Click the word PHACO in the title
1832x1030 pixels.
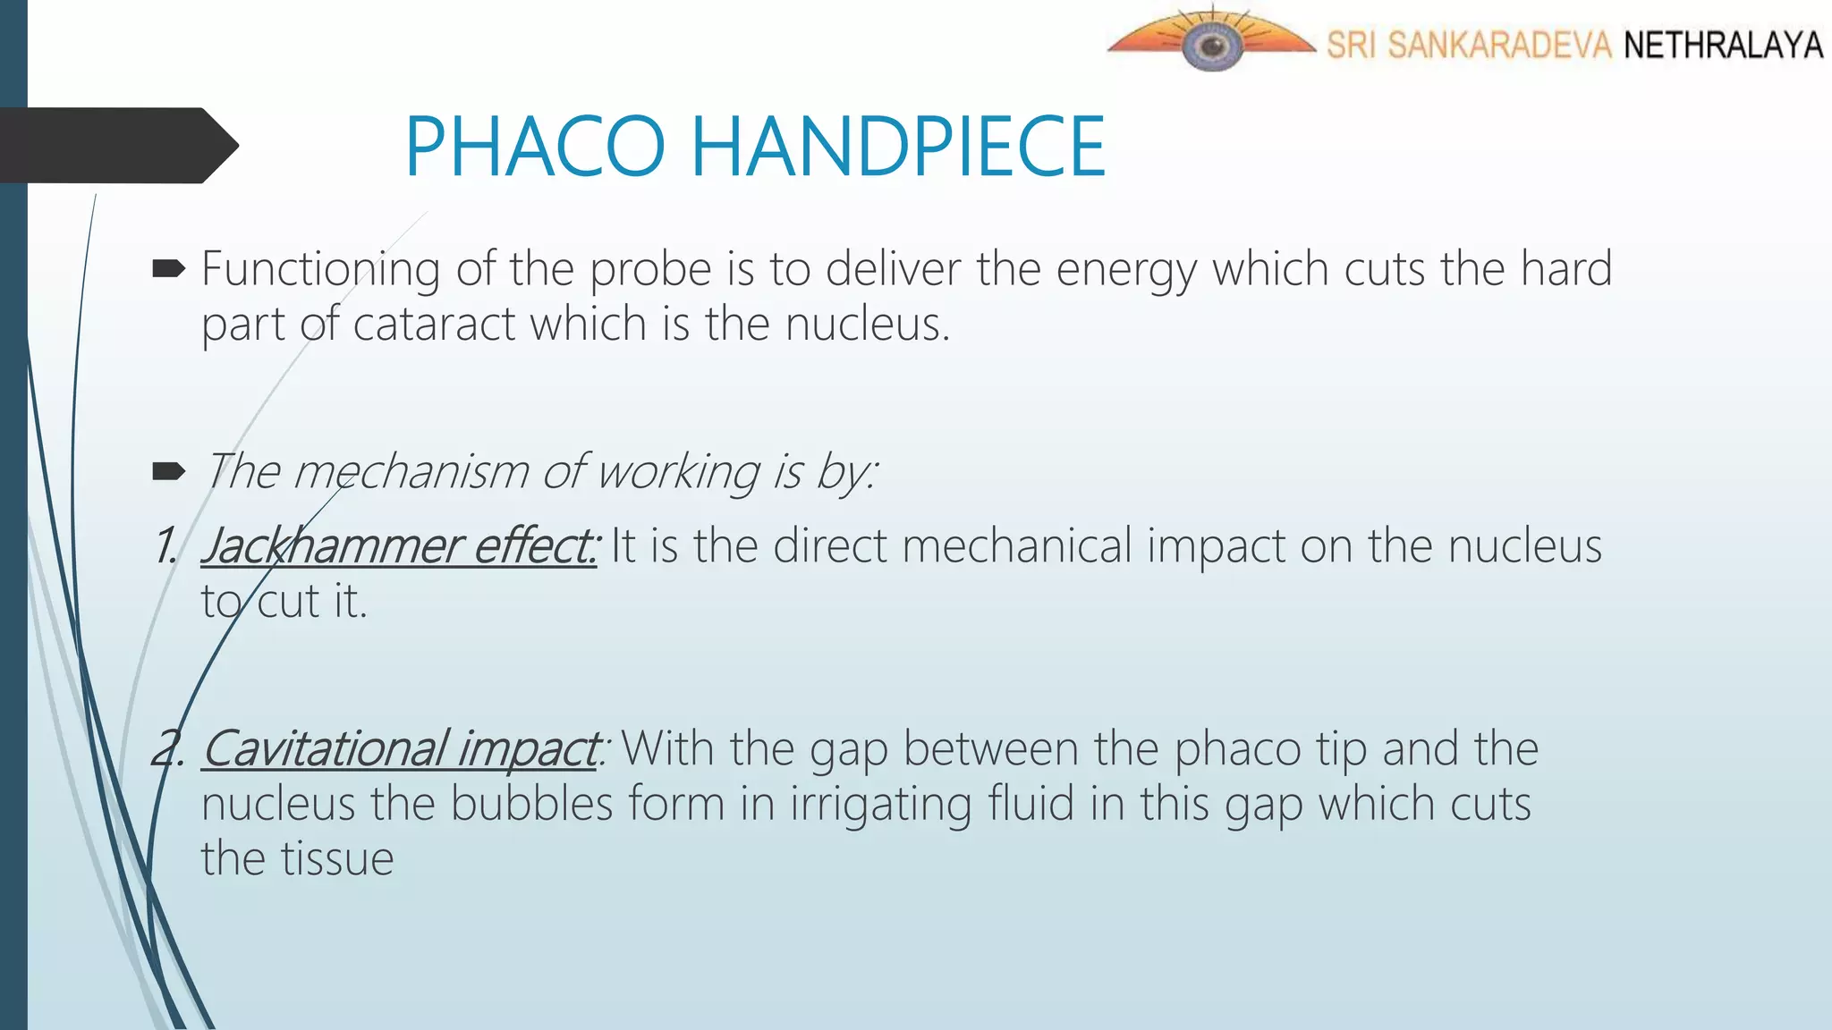click(535, 147)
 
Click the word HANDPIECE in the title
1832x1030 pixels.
click(898, 147)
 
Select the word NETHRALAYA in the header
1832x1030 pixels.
click(1723, 45)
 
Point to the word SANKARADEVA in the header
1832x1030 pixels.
click(1499, 45)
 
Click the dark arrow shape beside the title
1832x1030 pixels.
click(116, 145)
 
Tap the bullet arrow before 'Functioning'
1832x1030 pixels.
click(168, 268)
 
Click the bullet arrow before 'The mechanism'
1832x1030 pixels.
click(168, 471)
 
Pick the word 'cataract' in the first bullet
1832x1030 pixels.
click(434, 324)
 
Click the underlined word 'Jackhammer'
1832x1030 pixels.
click(331, 546)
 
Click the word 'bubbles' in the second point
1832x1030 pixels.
click(531, 804)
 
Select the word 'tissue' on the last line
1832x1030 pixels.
click(337, 859)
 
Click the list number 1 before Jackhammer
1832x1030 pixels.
click(165, 546)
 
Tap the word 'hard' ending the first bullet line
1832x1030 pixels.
click(1566, 268)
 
